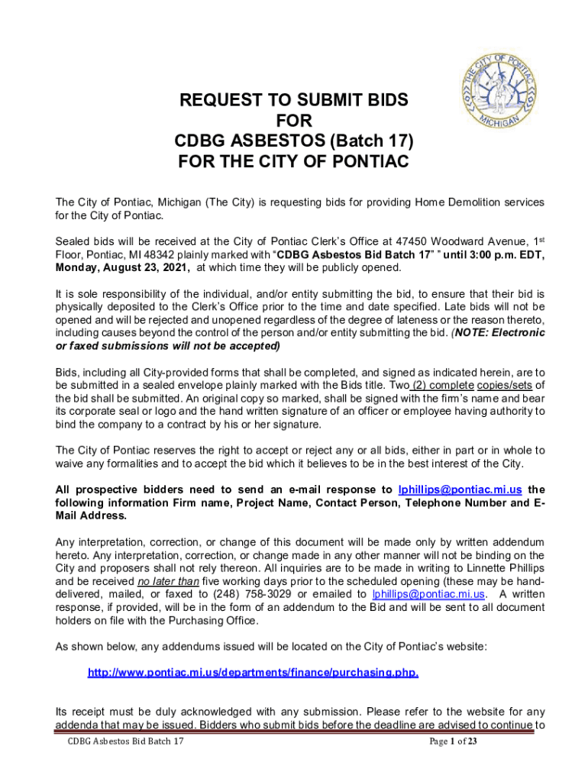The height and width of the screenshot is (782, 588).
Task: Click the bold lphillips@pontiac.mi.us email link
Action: pos(460,489)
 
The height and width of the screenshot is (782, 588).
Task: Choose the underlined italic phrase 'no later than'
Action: pos(167,580)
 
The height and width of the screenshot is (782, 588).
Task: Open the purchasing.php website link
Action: pos(253,673)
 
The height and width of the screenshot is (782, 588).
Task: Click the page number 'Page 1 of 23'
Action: pos(454,742)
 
